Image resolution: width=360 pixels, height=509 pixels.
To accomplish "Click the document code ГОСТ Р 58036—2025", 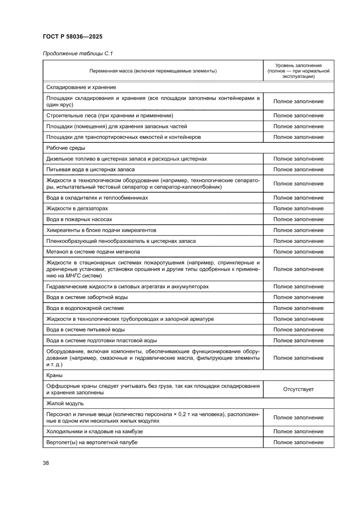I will (73, 37).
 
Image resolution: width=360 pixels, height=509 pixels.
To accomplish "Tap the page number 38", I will (46, 462).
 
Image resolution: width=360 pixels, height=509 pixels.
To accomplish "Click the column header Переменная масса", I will (153, 71).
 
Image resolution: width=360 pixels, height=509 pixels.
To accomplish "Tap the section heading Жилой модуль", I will (65, 403).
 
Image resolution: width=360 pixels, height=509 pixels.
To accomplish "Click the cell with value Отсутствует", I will (298, 389).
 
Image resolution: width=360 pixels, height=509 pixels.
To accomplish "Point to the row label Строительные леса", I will (110, 115).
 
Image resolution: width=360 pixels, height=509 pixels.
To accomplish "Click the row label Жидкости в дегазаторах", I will (77, 209).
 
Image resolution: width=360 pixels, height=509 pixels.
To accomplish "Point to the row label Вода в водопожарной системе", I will (85, 308).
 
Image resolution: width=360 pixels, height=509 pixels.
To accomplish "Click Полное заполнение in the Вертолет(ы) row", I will (298, 442).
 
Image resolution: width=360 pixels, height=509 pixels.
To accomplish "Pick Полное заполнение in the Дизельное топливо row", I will (298, 159).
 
